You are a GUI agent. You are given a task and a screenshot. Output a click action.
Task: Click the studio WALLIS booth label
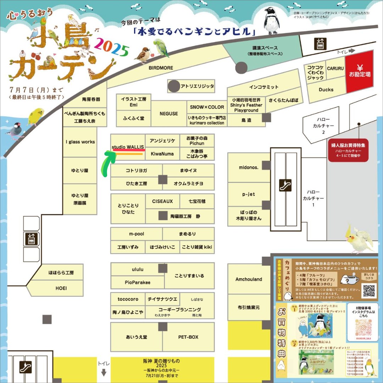coord(128,146)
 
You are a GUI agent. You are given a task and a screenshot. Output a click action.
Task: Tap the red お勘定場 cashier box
coord(360,71)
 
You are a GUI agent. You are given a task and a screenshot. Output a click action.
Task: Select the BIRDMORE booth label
coord(161,68)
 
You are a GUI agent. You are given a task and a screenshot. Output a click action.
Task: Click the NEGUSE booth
coord(169,113)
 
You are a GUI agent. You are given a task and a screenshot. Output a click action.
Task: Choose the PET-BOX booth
coord(188,337)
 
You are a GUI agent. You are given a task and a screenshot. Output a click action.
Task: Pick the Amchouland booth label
coord(249,279)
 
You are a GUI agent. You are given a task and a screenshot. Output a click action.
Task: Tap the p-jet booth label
coord(249,194)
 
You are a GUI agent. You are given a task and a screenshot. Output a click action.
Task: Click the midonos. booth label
coord(249,167)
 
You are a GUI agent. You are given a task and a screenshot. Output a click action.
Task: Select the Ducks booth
coord(326,90)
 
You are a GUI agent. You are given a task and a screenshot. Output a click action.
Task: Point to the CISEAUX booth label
coord(162,201)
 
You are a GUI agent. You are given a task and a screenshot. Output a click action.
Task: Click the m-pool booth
coord(137,234)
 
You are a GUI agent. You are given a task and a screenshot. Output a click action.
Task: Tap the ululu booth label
coord(137,270)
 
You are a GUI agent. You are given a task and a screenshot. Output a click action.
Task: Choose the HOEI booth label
coord(61,288)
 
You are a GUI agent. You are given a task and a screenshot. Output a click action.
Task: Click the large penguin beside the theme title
coord(272,21)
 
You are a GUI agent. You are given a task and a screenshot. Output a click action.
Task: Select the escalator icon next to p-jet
coord(285,185)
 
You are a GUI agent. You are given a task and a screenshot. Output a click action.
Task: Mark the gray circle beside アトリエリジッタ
coord(174,86)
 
